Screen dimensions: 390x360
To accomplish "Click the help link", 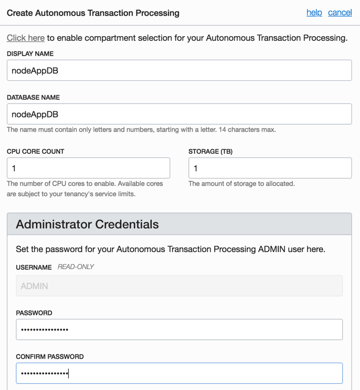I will [x=314, y=13].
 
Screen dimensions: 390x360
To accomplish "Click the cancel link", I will [x=340, y=13].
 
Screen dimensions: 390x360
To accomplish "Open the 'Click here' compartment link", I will [x=26, y=38].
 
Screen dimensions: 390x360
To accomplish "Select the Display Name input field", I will [x=179, y=70].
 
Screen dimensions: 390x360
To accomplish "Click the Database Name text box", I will [x=179, y=114].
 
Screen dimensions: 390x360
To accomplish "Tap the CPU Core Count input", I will [x=88, y=168].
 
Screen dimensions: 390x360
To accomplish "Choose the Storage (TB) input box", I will [x=270, y=168].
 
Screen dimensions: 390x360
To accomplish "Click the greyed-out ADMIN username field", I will [x=179, y=286].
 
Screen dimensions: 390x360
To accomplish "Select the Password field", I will [x=179, y=329].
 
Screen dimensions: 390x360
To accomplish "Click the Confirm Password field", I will [x=179, y=373].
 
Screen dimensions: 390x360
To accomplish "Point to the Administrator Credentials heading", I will [x=87, y=224].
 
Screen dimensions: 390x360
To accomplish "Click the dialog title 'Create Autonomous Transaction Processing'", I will [x=93, y=13].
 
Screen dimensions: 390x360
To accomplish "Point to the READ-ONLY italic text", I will [x=76, y=267].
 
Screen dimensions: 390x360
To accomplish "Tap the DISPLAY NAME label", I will [x=30, y=53].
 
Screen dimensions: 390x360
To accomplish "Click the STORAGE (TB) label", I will [x=210, y=151].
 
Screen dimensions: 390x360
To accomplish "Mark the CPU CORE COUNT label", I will [x=35, y=151].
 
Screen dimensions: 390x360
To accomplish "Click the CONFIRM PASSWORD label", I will [x=49, y=356].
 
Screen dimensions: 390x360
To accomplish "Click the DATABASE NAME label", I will [x=33, y=97].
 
